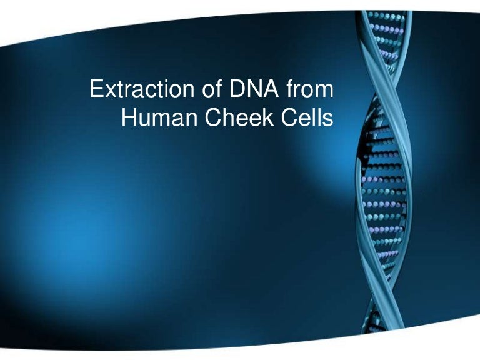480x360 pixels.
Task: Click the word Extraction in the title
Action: (x=132, y=90)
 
